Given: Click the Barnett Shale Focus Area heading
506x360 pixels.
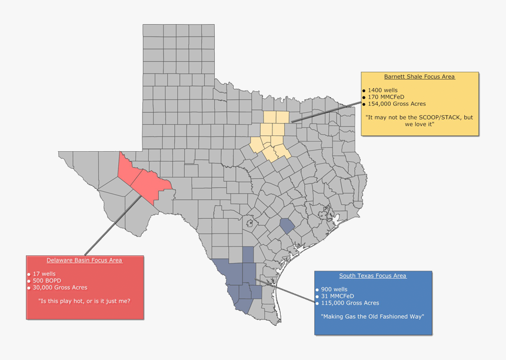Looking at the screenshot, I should pyautogui.click(x=419, y=76).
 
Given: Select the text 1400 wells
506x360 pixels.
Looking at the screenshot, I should pyautogui.click(x=382, y=90).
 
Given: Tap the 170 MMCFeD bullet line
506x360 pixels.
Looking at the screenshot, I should pyautogui.click(x=385, y=97).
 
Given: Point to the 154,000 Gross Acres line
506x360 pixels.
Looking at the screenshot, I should pyautogui.click(x=397, y=104).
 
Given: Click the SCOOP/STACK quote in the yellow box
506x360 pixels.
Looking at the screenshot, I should pyautogui.click(x=419, y=121).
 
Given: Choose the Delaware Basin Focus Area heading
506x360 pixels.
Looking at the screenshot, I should pyautogui.click(x=84, y=260).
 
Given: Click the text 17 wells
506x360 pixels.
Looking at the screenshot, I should pyautogui.click(x=44, y=274).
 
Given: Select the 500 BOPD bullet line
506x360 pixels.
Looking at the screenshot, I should pyautogui.click(x=46, y=281).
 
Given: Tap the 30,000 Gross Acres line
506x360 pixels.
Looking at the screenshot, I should pyautogui.click(x=59, y=288).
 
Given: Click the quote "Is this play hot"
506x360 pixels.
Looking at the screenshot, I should pyautogui.click(x=84, y=301).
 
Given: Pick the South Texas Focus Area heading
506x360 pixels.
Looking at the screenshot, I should pyautogui.click(x=372, y=276).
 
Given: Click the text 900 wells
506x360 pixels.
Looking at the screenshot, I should pyautogui.click(x=334, y=289).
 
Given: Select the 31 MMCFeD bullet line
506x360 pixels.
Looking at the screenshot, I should pyautogui.click(x=337, y=296).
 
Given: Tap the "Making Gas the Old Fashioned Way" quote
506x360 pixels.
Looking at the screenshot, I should pyautogui.click(x=372, y=316).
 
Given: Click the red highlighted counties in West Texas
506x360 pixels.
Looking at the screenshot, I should pyautogui.click(x=144, y=179).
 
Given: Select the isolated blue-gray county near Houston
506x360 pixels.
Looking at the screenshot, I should pyautogui.click(x=287, y=226).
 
